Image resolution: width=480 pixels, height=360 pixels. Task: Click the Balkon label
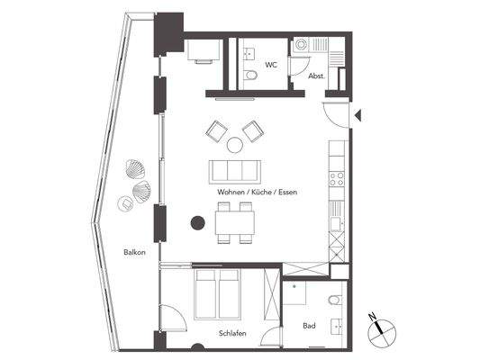pos(135,253)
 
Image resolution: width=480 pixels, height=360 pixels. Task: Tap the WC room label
pos(270,66)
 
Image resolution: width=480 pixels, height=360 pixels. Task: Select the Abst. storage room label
pos(316,76)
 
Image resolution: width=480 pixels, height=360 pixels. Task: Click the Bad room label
pos(309,325)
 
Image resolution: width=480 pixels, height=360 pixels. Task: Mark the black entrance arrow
pos(358,114)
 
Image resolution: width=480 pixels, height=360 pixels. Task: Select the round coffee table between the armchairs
pos(233,145)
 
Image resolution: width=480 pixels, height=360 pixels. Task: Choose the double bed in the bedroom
pos(219,294)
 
